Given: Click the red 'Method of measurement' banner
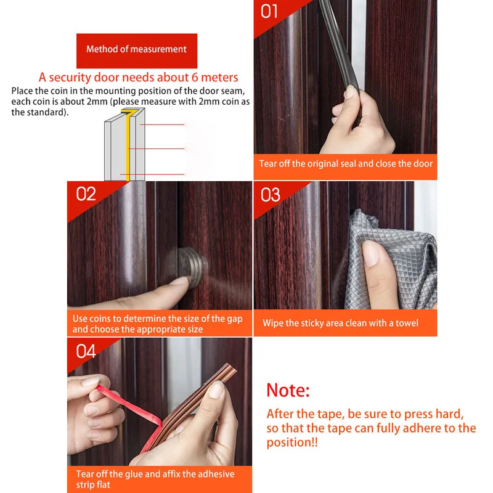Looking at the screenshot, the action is (x=137, y=51).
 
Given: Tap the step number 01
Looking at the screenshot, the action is (x=269, y=12).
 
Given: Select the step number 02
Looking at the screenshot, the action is (x=86, y=194).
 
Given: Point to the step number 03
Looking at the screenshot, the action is (x=271, y=195).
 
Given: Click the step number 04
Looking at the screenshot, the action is (x=86, y=351).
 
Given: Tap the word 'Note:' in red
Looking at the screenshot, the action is (x=288, y=390).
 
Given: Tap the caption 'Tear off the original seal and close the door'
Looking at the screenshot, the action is (x=346, y=164).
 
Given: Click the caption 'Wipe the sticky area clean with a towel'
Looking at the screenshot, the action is (x=341, y=323).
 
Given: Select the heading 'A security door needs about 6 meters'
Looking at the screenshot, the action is (x=138, y=78).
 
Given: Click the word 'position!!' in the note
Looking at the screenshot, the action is (x=292, y=442).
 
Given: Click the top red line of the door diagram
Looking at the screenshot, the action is (x=162, y=125).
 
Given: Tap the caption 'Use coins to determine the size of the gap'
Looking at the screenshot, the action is (x=158, y=319).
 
